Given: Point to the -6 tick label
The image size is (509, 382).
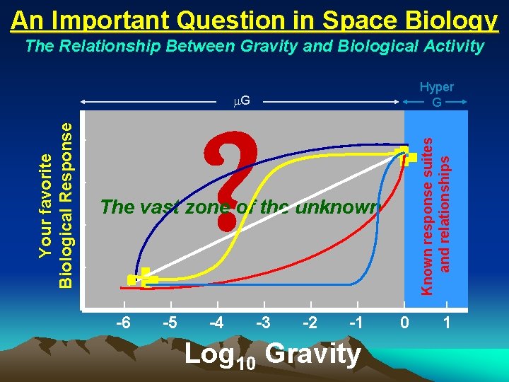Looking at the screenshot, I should [x=122, y=323].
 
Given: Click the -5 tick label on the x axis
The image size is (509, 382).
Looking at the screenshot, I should [x=170, y=323].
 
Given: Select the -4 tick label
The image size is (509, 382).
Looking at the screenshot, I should [x=217, y=323].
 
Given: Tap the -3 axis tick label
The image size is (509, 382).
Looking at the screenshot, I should [x=263, y=323].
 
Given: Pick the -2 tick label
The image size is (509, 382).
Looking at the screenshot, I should [x=310, y=323].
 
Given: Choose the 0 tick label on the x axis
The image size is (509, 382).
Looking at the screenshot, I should [x=404, y=323].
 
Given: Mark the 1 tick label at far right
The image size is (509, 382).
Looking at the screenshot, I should [x=446, y=323].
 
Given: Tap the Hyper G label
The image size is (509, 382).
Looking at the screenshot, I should [x=437, y=94].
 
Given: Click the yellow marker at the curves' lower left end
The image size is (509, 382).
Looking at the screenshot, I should [x=143, y=277].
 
